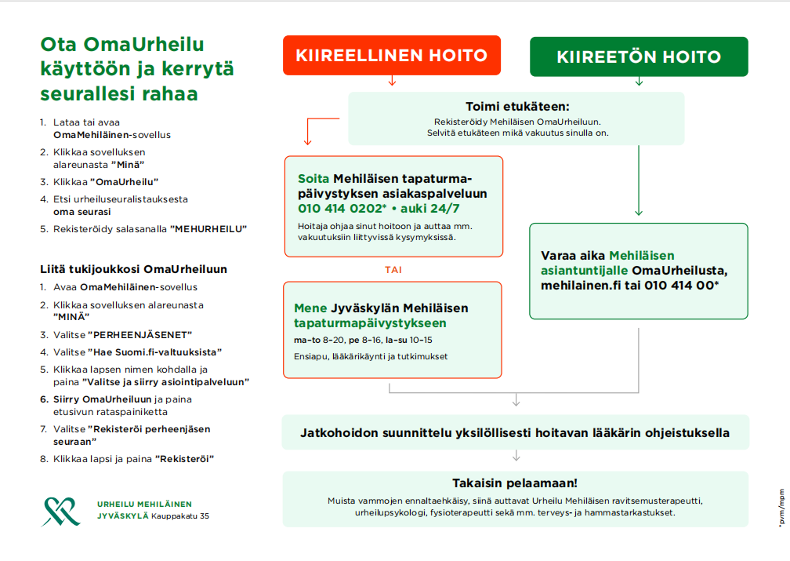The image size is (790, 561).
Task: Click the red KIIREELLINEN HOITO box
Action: pos(391,56)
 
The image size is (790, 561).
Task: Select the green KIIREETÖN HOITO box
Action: pos(639,56)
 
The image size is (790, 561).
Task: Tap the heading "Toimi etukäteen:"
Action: pos(516,107)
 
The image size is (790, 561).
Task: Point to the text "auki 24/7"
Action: pos(430,209)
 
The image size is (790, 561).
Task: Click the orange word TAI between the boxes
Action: pos(393,269)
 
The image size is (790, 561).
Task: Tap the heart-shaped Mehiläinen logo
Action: pos(61,510)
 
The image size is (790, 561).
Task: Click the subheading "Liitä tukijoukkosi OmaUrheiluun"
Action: pos(133,269)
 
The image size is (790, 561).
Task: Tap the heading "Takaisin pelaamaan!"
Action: pos(515,483)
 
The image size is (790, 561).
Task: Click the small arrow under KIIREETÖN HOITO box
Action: pos(639,81)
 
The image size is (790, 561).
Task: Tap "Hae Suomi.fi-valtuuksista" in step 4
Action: pos(157,352)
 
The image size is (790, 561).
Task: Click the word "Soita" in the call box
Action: pos(313,178)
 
